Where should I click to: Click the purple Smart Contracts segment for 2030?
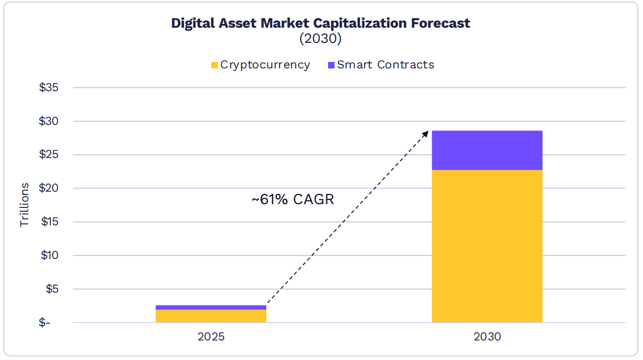tap(487, 150)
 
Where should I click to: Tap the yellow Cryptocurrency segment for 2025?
tap(211, 316)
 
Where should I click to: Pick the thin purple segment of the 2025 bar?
tap(211, 307)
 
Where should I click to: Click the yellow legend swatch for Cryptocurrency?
tap(214, 65)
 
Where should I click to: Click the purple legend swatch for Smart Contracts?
tap(331, 65)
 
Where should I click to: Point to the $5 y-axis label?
tap(52, 289)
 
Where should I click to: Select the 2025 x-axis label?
tap(211, 337)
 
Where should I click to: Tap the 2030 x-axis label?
tap(487, 337)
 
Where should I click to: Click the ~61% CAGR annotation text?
tap(293, 199)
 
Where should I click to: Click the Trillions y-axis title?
tap(24, 205)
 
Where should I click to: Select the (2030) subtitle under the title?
tap(320, 39)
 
